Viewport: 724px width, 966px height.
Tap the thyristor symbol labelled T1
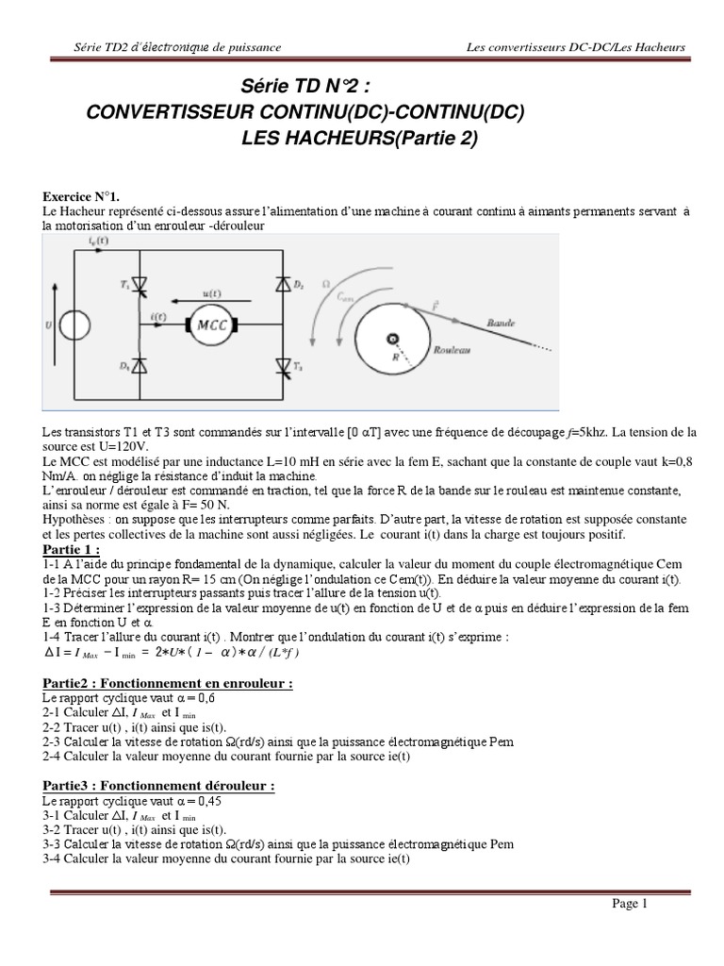(139, 285)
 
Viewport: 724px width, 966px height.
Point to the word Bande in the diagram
(502, 322)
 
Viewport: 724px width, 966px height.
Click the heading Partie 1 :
(72, 550)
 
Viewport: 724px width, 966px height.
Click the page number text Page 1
(630, 904)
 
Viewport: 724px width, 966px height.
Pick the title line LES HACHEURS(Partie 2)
(359, 138)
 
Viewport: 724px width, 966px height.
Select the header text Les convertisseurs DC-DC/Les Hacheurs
(575, 47)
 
